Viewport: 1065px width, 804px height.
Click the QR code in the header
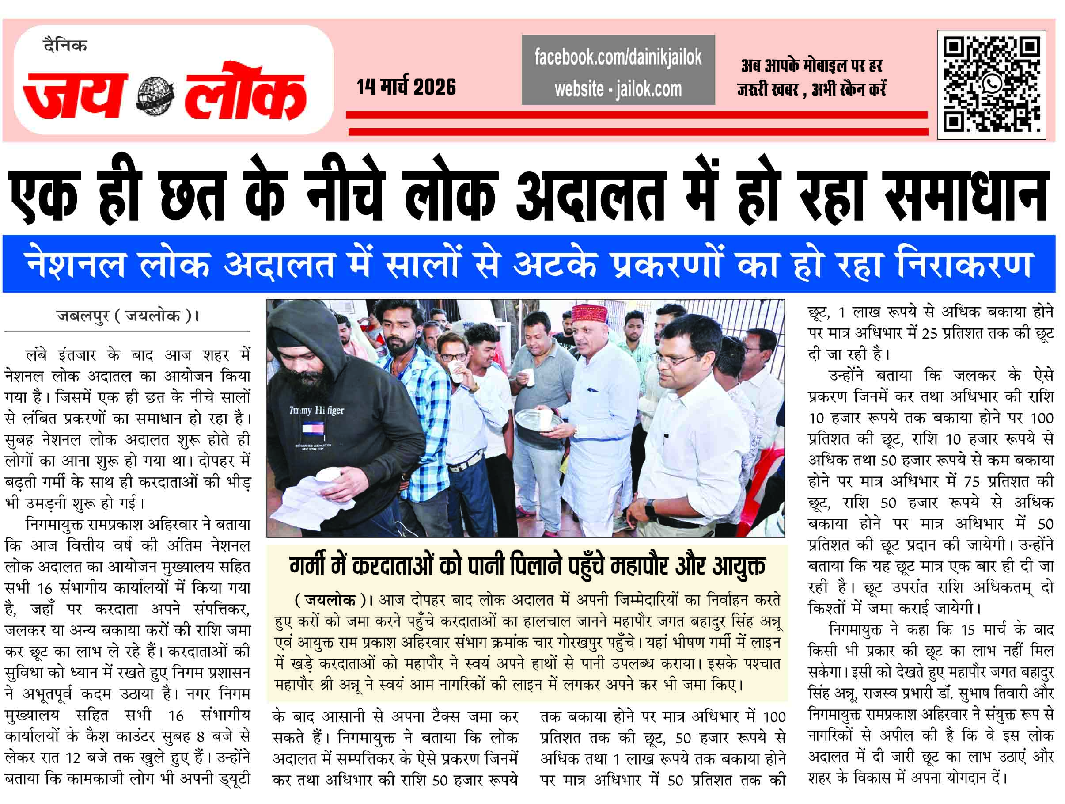[x=991, y=85]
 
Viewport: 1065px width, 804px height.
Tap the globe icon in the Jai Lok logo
[x=155, y=96]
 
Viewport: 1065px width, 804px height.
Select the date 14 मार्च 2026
[x=406, y=87]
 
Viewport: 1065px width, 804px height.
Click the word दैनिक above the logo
[x=65, y=46]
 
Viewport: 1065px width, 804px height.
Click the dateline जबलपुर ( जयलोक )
[x=128, y=316]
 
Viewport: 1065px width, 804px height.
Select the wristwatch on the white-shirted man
[x=651, y=509]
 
